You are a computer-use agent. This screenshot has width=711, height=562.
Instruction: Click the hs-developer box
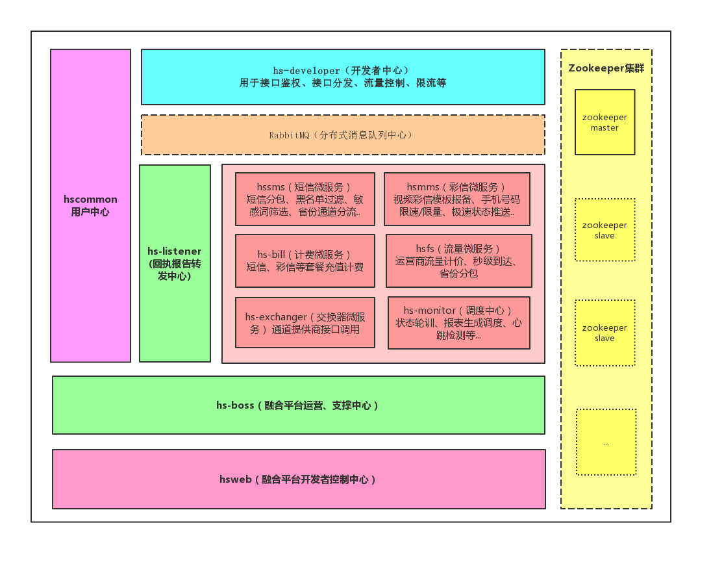point(343,77)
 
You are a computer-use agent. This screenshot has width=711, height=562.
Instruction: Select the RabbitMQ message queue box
point(343,135)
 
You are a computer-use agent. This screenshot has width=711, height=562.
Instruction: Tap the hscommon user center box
point(90,205)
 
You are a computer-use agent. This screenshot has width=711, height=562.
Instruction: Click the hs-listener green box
point(175,263)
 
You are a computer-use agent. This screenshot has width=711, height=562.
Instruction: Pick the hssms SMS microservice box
point(305,199)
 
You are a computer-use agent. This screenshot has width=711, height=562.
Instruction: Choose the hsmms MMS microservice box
point(456,199)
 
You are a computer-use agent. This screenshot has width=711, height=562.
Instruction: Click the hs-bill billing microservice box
point(305,261)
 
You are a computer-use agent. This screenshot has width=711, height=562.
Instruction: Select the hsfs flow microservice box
point(458,261)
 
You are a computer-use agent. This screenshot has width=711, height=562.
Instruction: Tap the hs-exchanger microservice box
point(305,323)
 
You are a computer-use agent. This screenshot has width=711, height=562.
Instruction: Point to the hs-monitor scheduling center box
point(458,323)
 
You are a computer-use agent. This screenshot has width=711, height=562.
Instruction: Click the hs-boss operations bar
point(298,405)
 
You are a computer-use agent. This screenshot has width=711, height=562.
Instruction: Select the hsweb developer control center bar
point(298,479)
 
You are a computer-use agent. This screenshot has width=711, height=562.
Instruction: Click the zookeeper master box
point(605,122)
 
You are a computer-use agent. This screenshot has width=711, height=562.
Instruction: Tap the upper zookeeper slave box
point(605,230)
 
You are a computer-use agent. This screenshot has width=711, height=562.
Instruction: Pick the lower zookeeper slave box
point(605,333)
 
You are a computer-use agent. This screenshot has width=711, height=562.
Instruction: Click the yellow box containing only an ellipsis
point(606,442)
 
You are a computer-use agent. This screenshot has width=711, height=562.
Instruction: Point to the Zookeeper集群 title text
point(606,68)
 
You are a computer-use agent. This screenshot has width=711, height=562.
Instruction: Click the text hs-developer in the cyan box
point(306,71)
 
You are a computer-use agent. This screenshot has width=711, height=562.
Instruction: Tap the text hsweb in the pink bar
point(235,479)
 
